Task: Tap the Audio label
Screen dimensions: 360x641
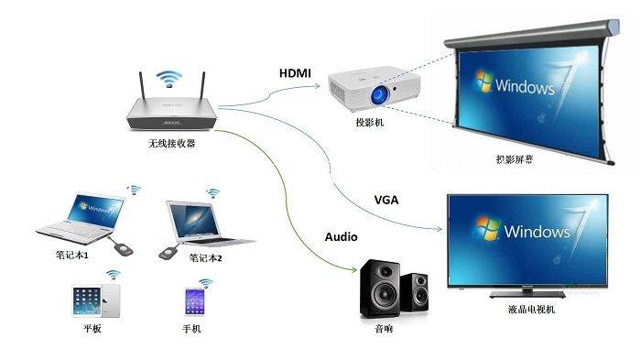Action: coord(340,236)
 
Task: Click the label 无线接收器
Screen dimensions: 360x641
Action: coord(172,144)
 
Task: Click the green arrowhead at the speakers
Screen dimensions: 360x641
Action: coord(354,272)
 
